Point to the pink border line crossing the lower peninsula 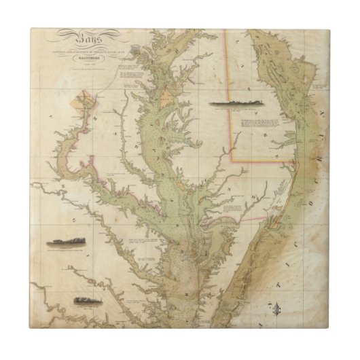tap(224, 220)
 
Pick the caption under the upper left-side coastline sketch tap(65, 251)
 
